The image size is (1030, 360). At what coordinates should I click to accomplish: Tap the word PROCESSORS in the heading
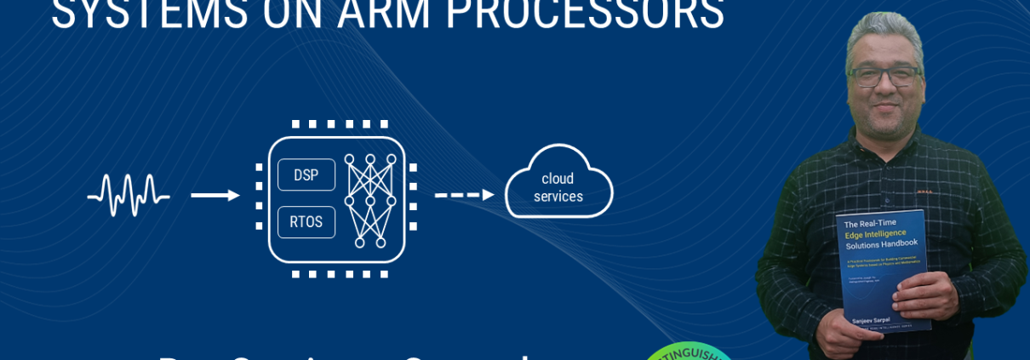coord(585,14)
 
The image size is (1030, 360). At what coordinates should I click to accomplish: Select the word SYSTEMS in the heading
coord(150,14)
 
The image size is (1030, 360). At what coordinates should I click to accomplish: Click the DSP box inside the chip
coord(306,175)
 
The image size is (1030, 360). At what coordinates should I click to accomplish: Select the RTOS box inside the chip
coord(306,222)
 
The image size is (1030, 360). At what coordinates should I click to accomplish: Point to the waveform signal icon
coord(129,195)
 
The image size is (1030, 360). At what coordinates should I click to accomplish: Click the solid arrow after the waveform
coord(215,195)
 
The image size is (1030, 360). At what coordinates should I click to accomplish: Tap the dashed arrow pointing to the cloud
coord(464,195)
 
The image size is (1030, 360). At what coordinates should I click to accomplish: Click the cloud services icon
coord(558,183)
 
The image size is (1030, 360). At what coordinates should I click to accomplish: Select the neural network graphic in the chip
coord(370,201)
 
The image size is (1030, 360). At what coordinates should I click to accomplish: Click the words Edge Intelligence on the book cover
coord(876,233)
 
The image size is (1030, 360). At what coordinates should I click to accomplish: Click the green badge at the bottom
coord(688,351)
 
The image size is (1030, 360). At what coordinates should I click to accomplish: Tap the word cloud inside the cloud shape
coord(558,179)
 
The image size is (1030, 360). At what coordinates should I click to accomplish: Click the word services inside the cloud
coord(558,197)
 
